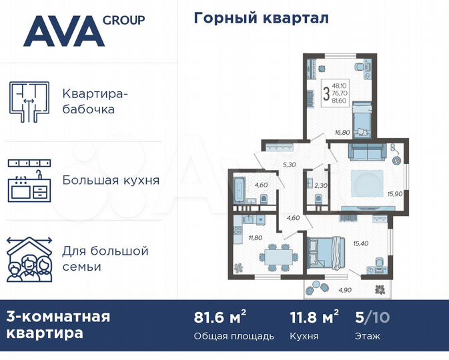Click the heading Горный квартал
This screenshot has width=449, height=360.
tap(261, 18)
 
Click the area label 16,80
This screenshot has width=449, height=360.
tap(342, 133)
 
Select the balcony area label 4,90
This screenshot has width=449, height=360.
tap(344, 290)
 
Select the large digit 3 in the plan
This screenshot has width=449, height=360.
tap(326, 93)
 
